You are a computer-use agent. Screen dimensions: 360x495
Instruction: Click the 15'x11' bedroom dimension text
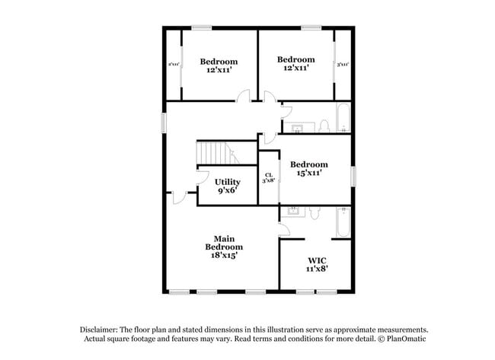pyautogui.click(x=308, y=174)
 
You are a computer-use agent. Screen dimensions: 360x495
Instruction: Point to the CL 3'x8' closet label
pyautogui.click(x=269, y=178)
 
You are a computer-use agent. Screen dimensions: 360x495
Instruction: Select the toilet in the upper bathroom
pyautogui.click(x=323, y=125)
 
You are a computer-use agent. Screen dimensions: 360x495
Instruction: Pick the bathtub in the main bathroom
pyautogui.click(x=342, y=223)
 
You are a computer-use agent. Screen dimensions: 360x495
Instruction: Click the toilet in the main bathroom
pyautogui.click(x=313, y=214)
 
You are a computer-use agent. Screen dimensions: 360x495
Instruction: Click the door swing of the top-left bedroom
pyautogui.click(x=243, y=96)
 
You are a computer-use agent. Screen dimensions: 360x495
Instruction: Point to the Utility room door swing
pyautogui.click(x=203, y=177)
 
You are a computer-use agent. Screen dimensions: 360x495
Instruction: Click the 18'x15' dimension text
pyautogui.click(x=224, y=256)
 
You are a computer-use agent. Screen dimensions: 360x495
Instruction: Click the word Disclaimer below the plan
pyautogui.click(x=104, y=329)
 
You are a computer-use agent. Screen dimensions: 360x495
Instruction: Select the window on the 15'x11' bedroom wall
pyautogui.click(x=352, y=174)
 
